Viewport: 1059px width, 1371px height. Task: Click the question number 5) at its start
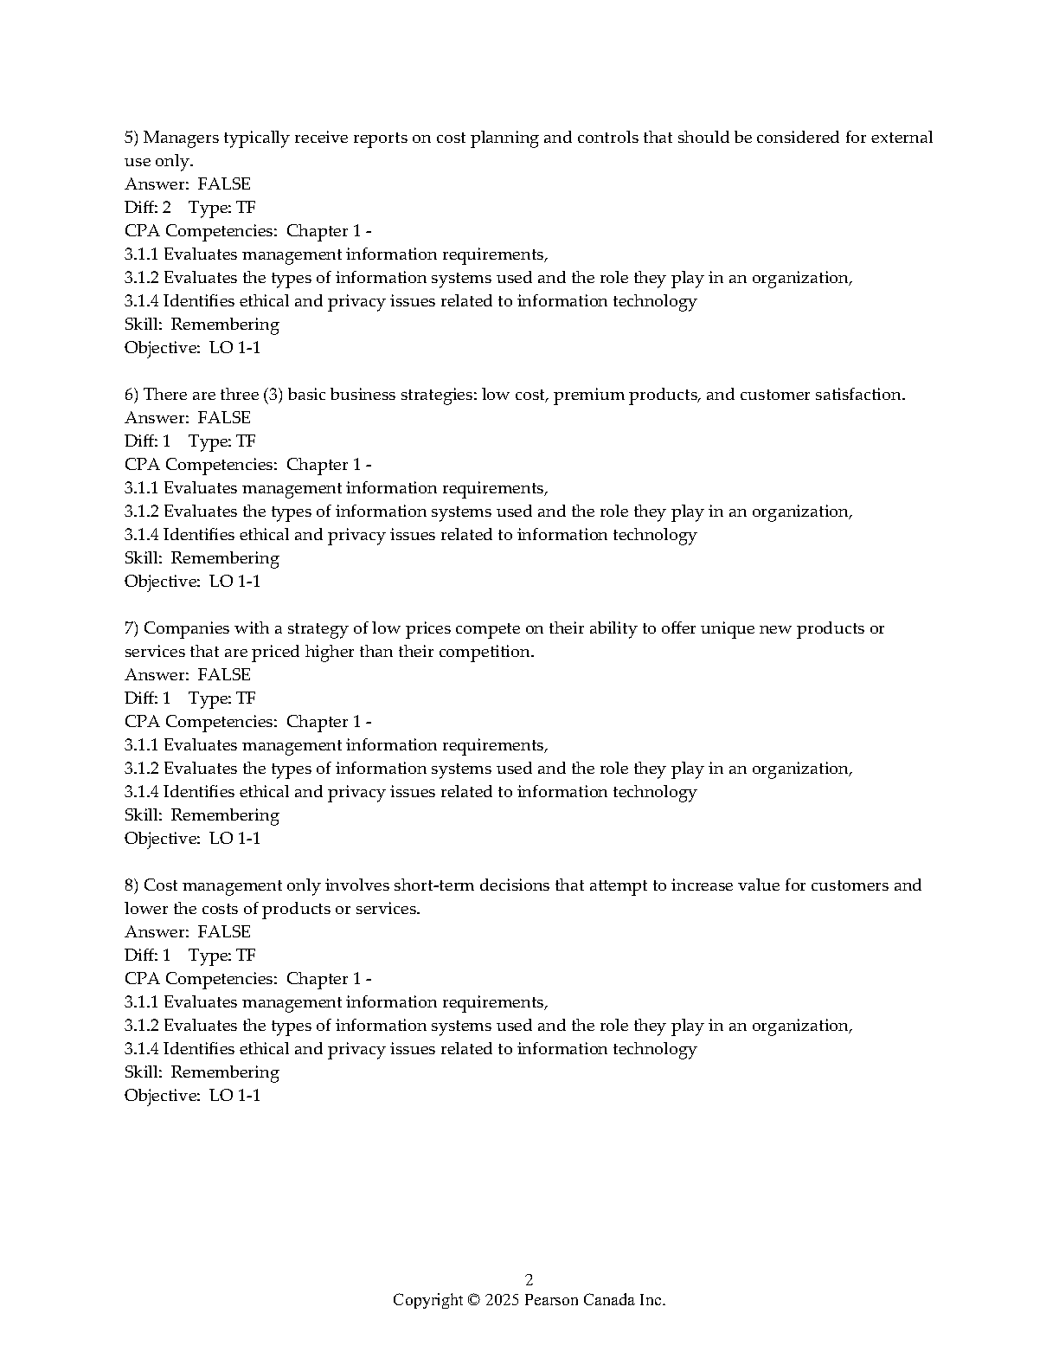[x=132, y=138]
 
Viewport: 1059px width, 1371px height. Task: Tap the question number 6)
[x=132, y=395]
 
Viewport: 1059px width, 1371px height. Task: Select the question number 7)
[x=132, y=628]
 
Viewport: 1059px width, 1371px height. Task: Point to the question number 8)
[x=132, y=885]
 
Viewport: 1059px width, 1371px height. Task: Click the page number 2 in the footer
[x=529, y=1280]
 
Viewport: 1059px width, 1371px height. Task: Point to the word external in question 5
[x=902, y=138]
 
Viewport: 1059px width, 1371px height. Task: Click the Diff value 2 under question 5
[x=166, y=208]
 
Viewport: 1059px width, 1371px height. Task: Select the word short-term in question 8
[x=434, y=885]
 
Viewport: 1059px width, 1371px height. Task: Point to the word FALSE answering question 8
[x=224, y=932]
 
